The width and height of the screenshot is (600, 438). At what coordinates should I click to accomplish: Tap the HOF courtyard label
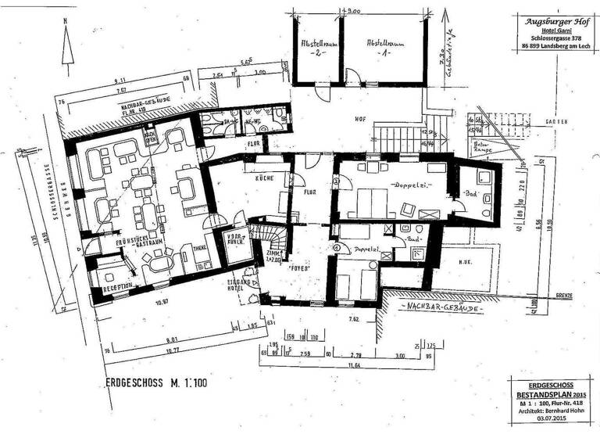coord(360,119)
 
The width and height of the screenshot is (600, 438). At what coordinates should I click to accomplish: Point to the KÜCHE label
coord(263,179)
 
